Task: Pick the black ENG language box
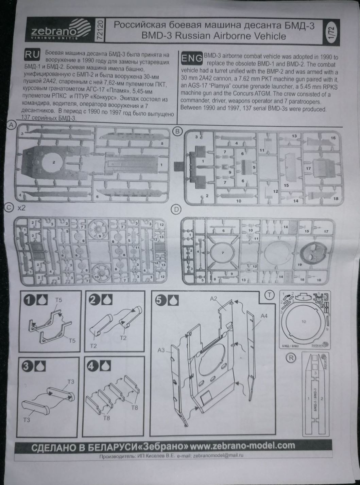[192, 58]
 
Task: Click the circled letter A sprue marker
[12, 125]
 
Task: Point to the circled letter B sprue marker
[177, 131]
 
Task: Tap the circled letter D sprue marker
[176, 210]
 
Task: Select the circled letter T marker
[270, 295]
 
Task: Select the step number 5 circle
[160, 300]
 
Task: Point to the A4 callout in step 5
[264, 316]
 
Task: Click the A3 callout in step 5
[161, 350]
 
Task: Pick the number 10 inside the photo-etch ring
[304, 321]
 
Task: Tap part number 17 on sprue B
[308, 168]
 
